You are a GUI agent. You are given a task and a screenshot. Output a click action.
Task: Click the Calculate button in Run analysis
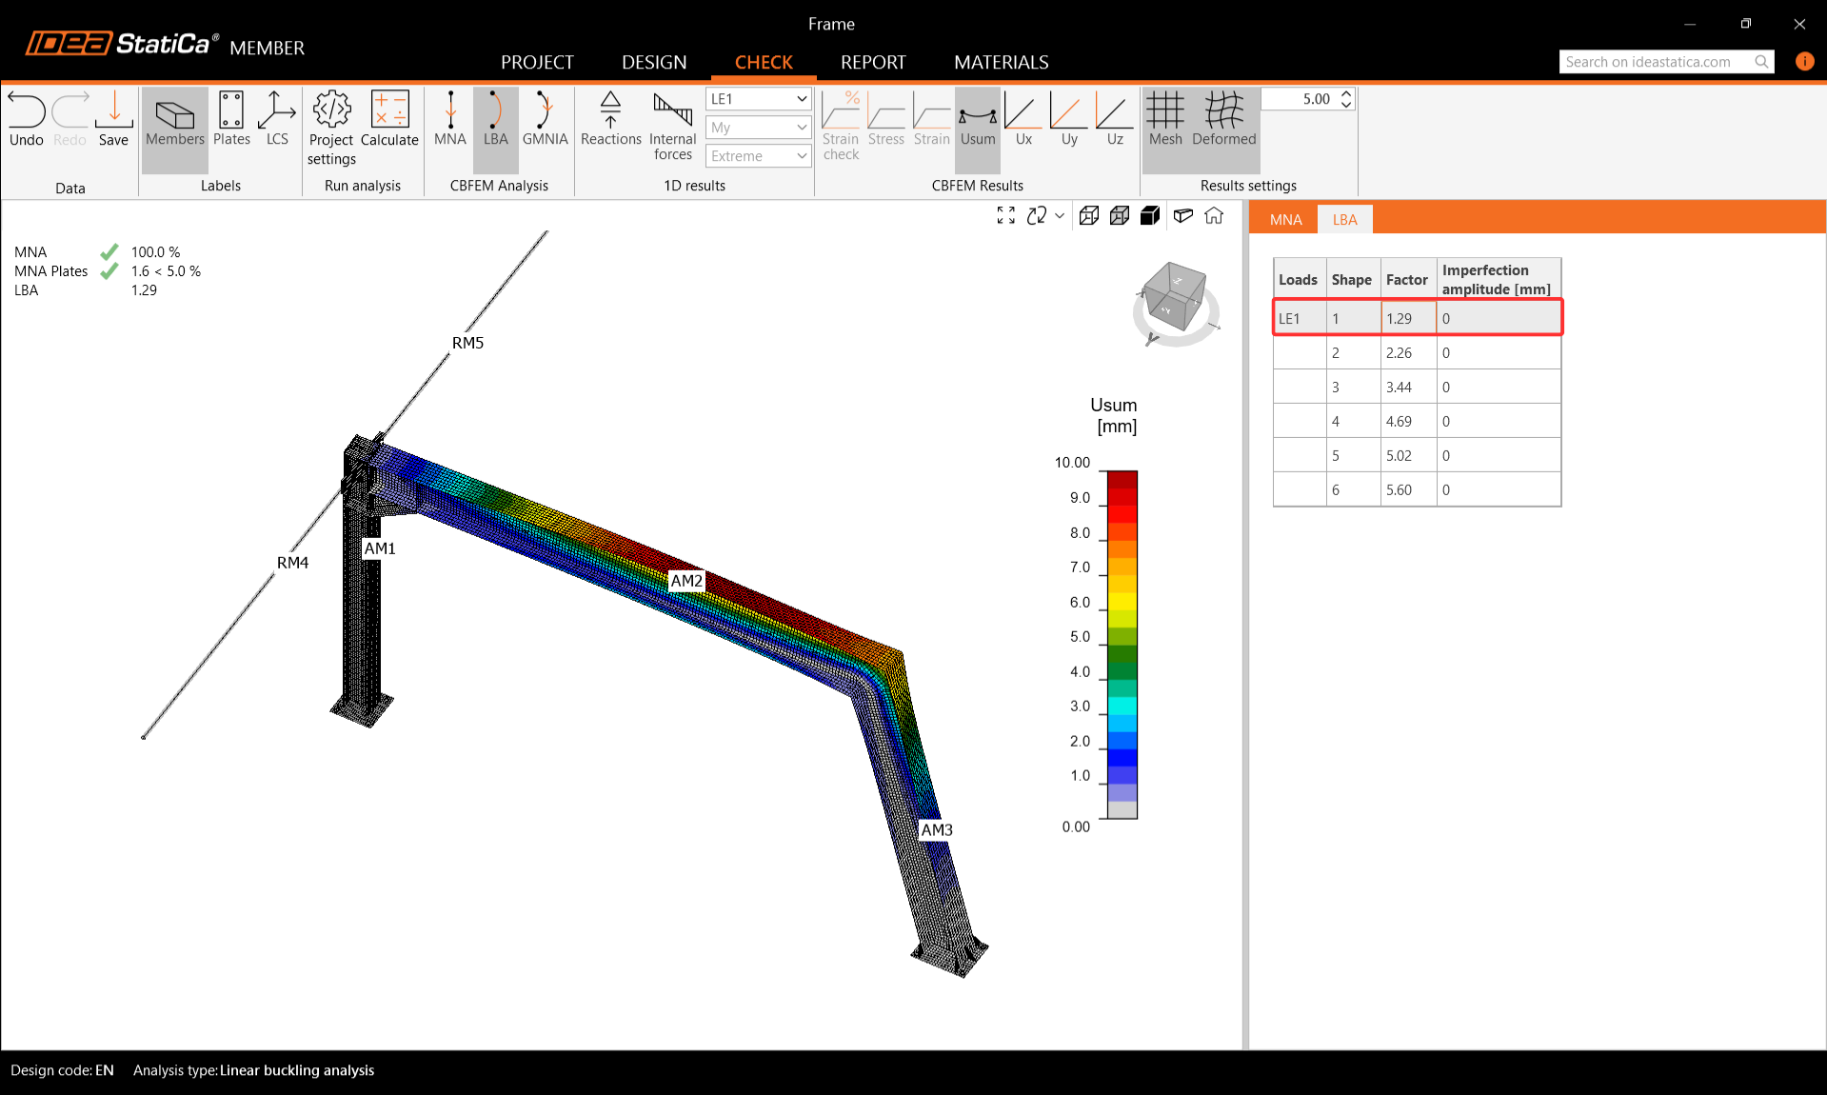point(389,120)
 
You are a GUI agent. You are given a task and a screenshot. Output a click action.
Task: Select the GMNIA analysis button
point(545,120)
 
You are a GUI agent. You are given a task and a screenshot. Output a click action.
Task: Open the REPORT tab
point(873,62)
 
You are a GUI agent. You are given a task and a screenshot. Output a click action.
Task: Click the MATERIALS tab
point(1001,62)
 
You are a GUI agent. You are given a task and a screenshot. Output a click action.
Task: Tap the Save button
point(113,120)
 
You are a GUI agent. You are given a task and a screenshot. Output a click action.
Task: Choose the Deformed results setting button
point(1223,120)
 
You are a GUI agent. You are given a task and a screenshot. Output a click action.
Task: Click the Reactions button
point(610,120)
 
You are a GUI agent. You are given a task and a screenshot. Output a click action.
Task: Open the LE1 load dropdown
point(758,99)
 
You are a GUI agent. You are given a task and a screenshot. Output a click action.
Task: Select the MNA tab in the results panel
point(1285,219)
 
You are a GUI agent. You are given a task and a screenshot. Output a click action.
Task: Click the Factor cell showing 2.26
point(1408,352)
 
